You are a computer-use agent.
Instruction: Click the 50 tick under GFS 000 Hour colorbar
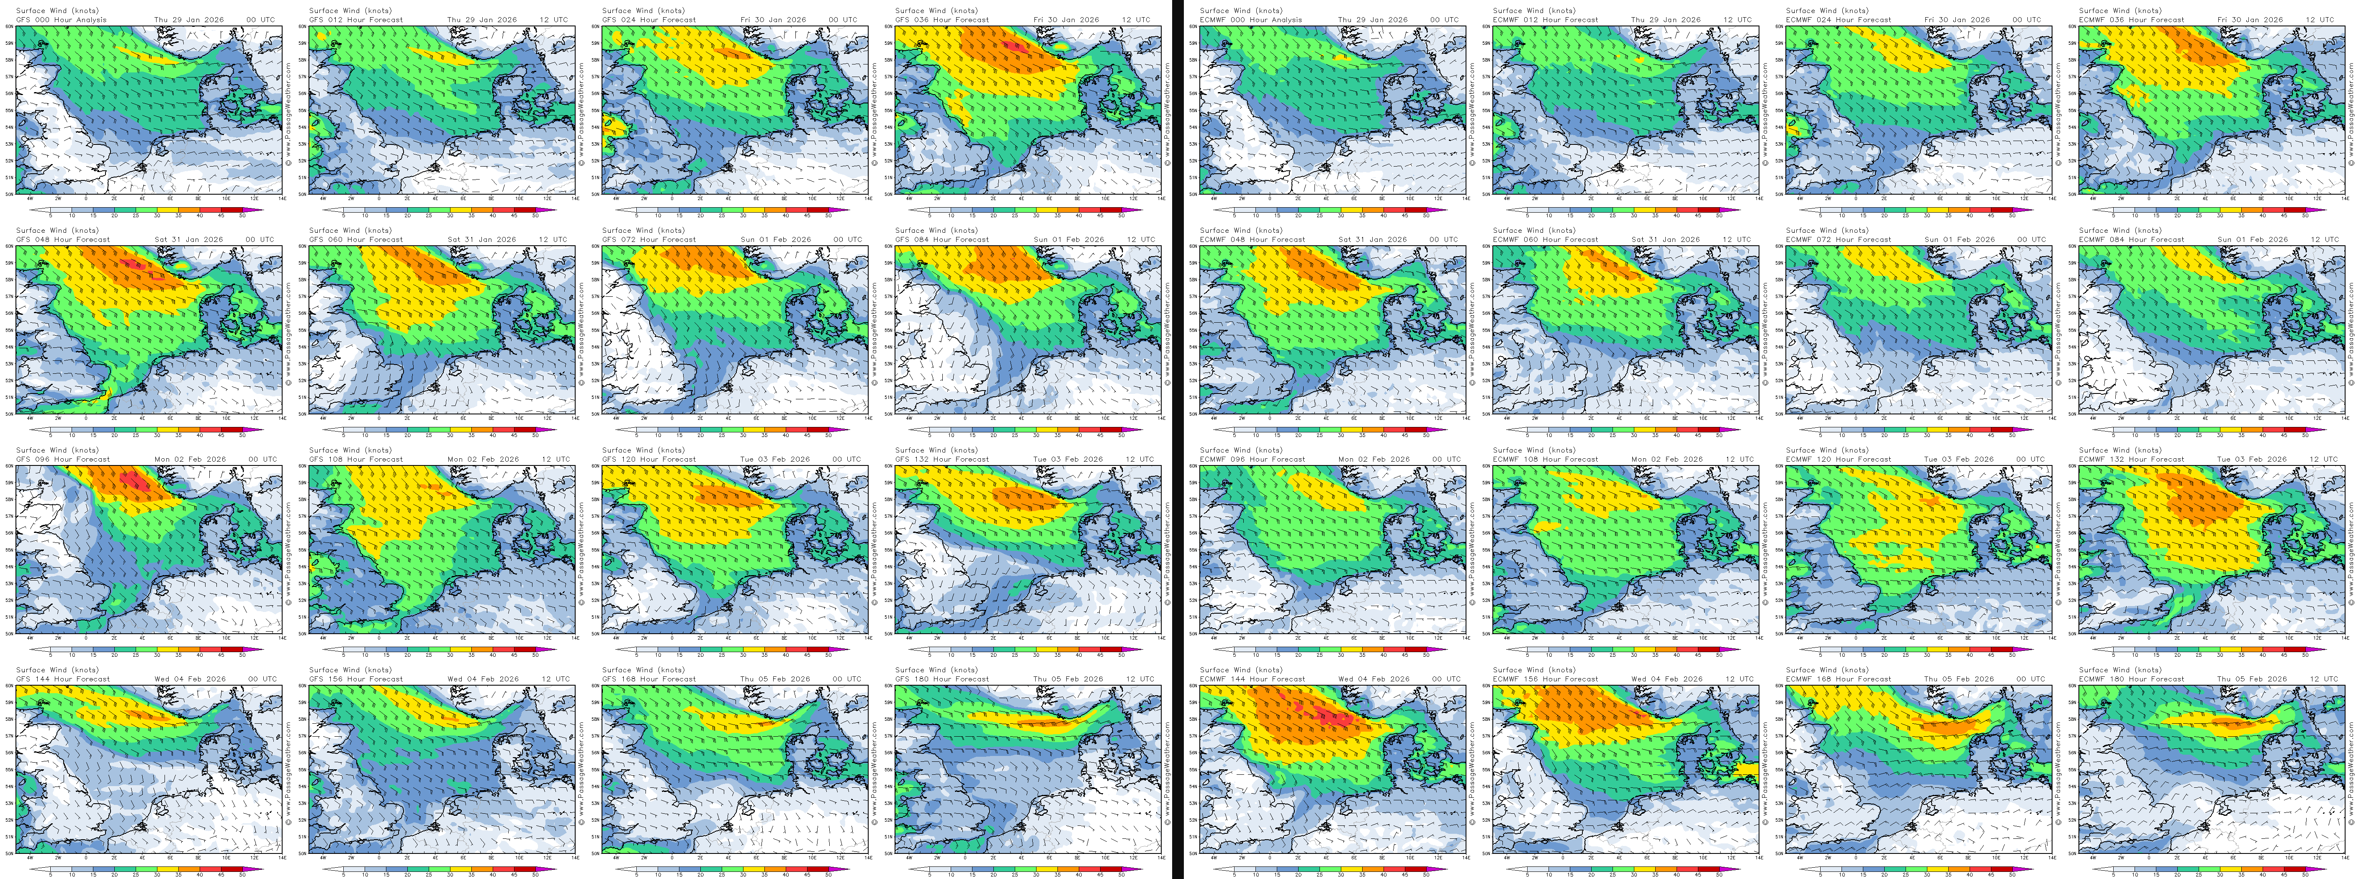[242, 216]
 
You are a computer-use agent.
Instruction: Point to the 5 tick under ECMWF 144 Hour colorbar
[1235, 874]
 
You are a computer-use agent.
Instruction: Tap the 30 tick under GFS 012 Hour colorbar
[450, 216]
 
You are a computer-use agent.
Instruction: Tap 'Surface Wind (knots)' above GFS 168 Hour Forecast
[643, 670]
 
